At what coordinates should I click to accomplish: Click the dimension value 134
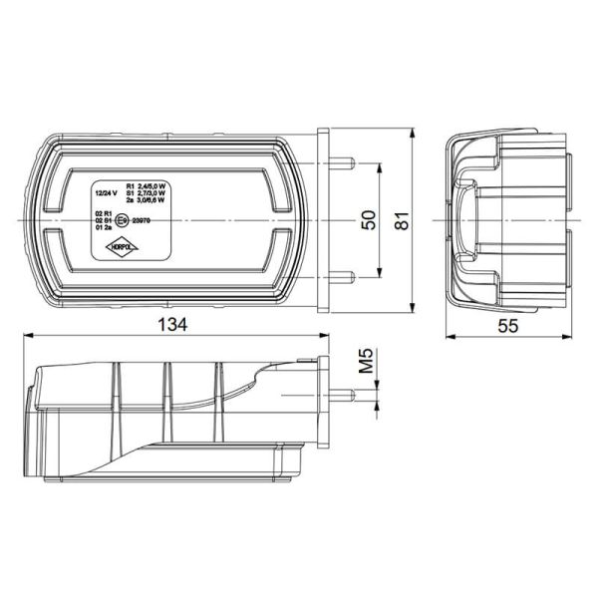click(x=172, y=325)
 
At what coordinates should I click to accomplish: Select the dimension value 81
click(x=403, y=220)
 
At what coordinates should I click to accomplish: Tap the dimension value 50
click(x=370, y=220)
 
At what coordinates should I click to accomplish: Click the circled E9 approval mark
click(x=122, y=219)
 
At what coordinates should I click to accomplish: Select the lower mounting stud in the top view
click(x=345, y=276)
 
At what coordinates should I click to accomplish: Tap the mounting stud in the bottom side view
click(x=345, y=394)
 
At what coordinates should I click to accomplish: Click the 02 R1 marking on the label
click(x=103, y=213)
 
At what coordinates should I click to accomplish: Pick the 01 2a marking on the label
click(x=103, y=228)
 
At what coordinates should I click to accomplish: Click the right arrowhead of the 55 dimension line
click(x=572, y=337)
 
